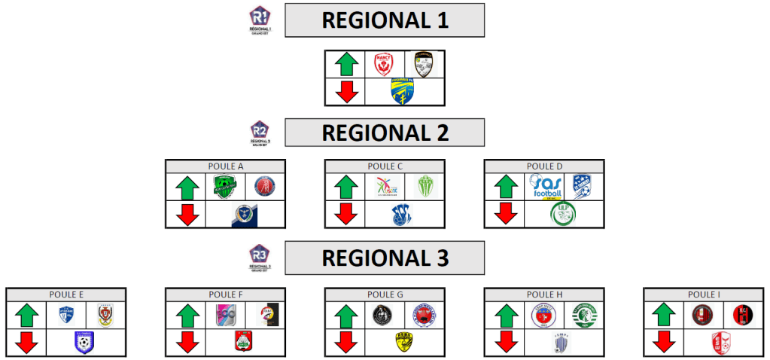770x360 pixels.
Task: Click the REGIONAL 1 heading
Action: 385,20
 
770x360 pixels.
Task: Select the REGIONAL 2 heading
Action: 385,133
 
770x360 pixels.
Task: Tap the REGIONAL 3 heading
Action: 385,258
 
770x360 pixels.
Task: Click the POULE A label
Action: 225,166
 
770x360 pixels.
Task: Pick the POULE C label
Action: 385,166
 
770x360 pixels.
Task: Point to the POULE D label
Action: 544,166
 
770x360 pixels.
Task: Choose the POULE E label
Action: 65,294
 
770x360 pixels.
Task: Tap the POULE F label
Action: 225,294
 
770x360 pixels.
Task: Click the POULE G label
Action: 385,294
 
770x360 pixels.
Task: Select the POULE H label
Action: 544,294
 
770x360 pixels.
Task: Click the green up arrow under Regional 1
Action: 346,64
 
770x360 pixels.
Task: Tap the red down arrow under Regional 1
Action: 346,91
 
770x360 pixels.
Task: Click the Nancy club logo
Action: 385,64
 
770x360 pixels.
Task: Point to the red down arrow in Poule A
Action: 187,215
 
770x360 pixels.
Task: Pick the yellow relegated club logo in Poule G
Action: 403,343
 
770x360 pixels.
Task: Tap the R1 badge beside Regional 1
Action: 260,19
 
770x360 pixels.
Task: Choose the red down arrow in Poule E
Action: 27,343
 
